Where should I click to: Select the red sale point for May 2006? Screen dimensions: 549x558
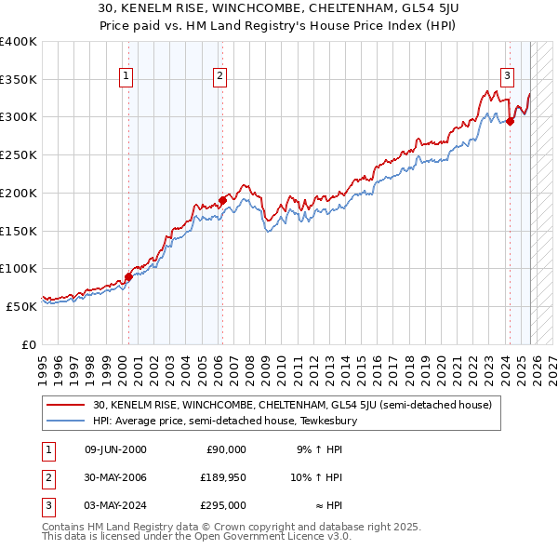click(222, 200)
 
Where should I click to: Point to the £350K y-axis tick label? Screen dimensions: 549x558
click(19, 79)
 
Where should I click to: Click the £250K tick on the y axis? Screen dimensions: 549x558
click(19, 154)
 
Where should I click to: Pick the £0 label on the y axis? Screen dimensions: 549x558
click(27, 344)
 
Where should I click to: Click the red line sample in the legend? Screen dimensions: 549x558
click(66, 405)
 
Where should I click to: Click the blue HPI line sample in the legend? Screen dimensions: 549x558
click(66, 421)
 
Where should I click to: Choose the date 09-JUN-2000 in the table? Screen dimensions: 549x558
click(114, 449)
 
